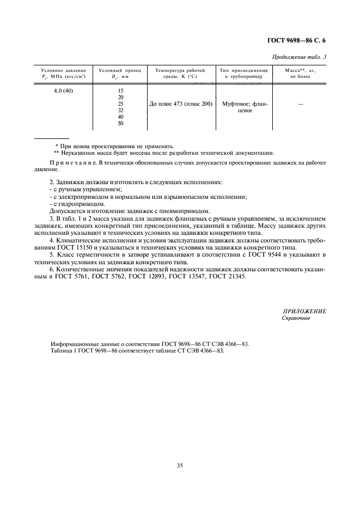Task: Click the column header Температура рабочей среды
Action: coord(180,71)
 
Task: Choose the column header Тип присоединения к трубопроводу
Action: coord(243,71)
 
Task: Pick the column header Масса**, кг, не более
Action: coord(300,71)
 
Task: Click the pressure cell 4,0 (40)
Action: coord(63,90)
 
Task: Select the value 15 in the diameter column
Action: coord(120,90)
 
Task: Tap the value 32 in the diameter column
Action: coord(120,110)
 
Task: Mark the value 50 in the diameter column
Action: coord(120,123)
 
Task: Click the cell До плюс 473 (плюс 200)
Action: coord(180,104)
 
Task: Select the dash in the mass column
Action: coord(300,104)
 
